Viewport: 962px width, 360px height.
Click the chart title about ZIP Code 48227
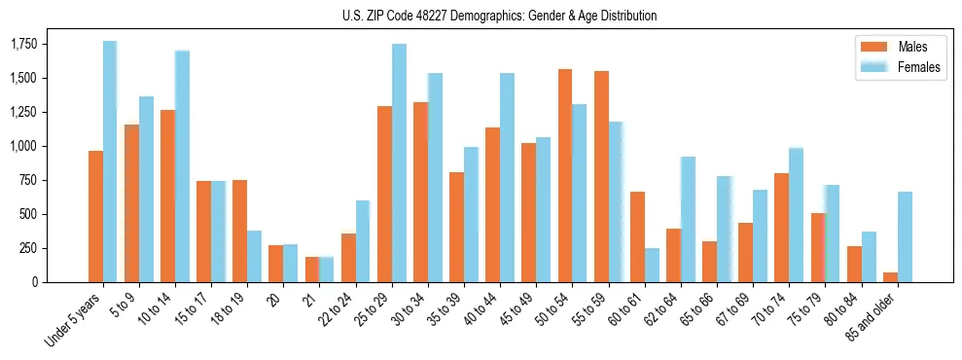tap(499, 16)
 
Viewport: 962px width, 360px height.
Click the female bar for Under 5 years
tap(110, 162)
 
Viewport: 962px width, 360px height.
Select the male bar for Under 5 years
tap(95, 216)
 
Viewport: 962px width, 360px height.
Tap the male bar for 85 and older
tap(890, 277)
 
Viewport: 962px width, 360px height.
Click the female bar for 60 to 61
tap(652, 265)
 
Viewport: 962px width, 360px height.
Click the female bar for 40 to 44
tap(507, 177)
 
